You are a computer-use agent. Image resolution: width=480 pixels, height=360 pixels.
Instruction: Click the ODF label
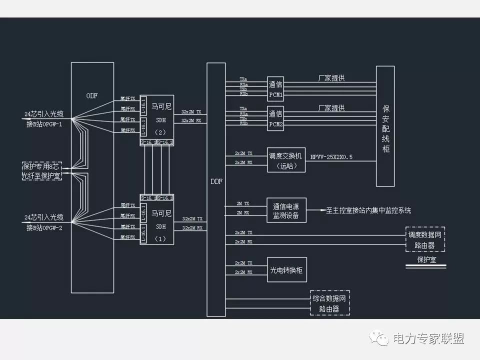[x=92, y=95]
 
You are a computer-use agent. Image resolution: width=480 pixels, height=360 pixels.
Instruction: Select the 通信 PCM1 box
[x=275, y=89]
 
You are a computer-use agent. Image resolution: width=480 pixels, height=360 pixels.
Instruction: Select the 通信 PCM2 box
[x=275, y=118]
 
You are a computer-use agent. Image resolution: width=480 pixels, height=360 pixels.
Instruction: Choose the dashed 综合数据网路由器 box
[x=329, y=303]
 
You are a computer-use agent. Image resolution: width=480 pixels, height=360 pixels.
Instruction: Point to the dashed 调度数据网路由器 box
[x=424, y=239]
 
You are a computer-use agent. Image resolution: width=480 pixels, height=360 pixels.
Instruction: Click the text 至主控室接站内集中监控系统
[x=368, y=210]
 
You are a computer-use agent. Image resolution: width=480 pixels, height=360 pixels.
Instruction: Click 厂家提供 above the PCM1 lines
[x=331, y=78]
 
